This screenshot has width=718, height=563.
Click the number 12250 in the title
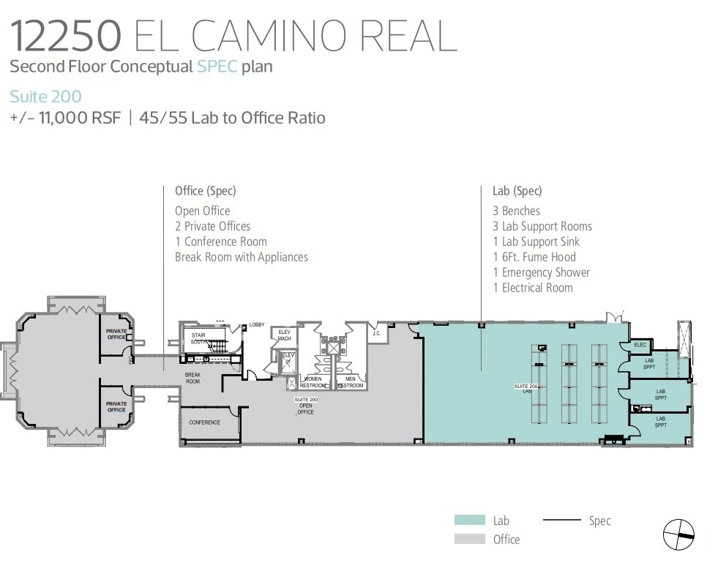click(65, 34)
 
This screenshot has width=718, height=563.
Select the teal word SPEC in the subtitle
click(217, 67)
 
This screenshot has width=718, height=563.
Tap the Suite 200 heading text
click(45, 96)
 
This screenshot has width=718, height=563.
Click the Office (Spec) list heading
click(205, 191)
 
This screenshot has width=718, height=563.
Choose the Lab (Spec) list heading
click(517, 191)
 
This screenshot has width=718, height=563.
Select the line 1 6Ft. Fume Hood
click(534, 257)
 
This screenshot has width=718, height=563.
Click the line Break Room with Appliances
click(241, 257)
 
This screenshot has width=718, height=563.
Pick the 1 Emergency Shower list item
click(541, 272)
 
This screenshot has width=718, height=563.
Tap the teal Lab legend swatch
click(469, 521)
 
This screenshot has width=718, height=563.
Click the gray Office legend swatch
click(469, 539)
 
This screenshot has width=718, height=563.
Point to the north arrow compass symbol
click(678, 534)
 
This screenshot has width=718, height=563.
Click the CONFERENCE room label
click(204, 422)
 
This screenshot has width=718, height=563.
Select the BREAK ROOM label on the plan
click(192, 378)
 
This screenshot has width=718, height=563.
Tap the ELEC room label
click(640, 345)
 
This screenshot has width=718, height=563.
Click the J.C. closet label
click(376, 334)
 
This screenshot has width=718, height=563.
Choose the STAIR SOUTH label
click(198, 338)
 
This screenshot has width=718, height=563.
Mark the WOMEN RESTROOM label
click(313, 382)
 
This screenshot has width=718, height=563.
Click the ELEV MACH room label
click(285, 335)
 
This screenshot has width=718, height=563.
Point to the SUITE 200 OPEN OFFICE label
click(305, 406)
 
